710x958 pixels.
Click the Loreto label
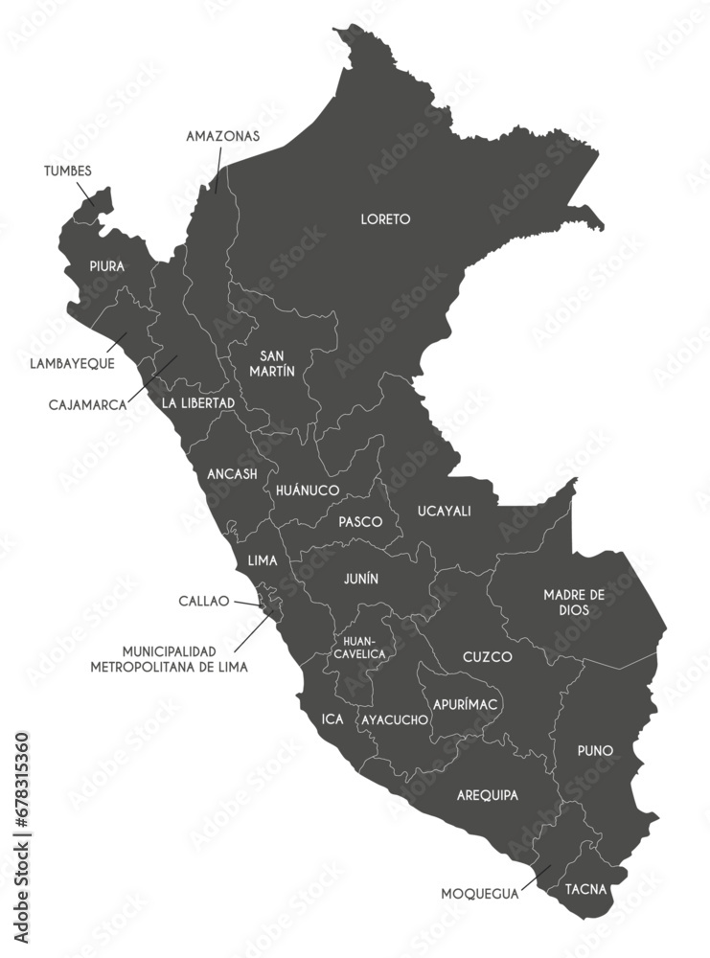385,219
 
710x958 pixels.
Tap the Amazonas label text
223,136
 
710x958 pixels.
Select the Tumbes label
68,171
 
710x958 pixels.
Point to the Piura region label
106,266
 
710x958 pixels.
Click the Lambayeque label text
72,364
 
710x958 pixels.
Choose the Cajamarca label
88,405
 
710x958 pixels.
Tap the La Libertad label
197,403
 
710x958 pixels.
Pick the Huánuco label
308,490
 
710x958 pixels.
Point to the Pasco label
360,522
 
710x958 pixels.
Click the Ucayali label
444,511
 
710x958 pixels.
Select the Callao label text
204,602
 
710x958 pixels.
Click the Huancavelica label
359,647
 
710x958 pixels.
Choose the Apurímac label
465,704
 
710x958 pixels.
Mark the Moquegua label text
479,894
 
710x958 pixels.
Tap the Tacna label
585,889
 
